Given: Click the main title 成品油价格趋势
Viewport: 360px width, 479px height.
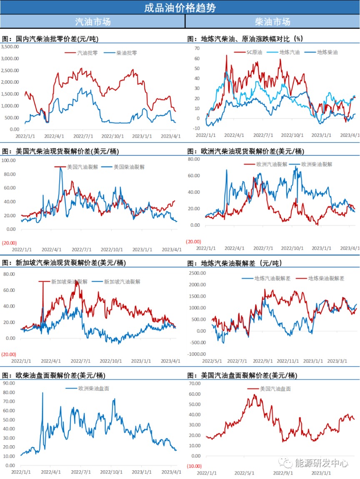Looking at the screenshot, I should coord(180,8).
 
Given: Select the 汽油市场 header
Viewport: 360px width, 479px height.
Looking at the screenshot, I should coord(92,22).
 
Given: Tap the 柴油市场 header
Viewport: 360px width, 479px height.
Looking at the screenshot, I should coord(272,22).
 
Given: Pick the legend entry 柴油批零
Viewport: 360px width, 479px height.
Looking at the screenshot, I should coord(126,53).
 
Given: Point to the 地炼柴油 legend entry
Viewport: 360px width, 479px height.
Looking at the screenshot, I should coord(327,53).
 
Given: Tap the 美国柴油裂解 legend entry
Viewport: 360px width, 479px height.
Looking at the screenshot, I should coord(129,167).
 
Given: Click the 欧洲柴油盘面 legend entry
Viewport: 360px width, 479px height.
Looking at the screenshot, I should coord(94,388).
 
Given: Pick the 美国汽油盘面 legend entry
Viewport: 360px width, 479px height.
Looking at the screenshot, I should coord(275,389).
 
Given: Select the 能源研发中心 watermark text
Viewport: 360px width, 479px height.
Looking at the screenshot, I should coord(321,463).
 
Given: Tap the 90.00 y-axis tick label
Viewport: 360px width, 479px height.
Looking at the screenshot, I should coord(10,383).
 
